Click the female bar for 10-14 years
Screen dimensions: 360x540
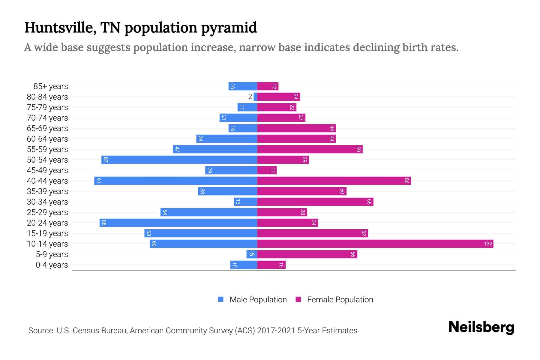pos(375,244)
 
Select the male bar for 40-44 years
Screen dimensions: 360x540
pos(175,181)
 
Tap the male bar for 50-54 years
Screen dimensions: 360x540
pos(179,160)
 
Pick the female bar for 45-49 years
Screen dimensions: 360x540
pos(267,170)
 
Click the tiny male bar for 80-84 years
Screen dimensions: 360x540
pos(255,97)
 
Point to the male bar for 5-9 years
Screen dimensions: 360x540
pos(252,254)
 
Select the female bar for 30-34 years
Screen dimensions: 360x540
pos(315,202)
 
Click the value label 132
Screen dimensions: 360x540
pos(488,244)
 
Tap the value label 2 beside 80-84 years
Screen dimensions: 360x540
pos(250,97)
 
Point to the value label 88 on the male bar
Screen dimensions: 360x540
pos(104,223)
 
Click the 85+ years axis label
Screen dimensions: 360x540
pos(51,86)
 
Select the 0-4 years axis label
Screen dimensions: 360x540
pos(52,265)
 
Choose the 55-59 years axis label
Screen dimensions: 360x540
pos(47,149)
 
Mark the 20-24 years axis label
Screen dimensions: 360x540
pos(47,223)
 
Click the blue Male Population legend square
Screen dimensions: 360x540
pos(221,299)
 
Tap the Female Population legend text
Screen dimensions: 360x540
pos(340,299)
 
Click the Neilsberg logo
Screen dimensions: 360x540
pos(481,327)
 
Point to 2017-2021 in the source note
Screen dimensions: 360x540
pos(276,331)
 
